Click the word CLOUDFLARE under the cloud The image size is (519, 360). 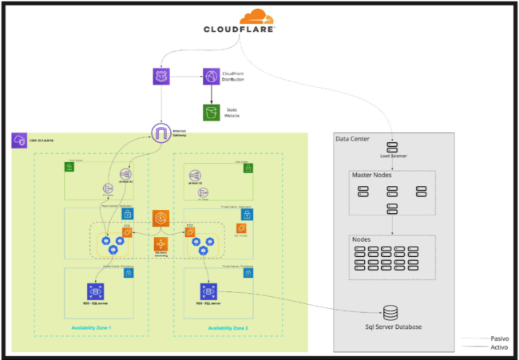(240, 30)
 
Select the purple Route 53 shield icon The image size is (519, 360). (161, 77)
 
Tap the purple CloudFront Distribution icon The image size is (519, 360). (211, 77)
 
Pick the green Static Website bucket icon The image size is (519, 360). (211, 113)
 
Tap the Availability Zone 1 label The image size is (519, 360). (91, 328)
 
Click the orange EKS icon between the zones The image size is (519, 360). (160, 218)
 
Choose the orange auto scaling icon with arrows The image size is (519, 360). (160, 243)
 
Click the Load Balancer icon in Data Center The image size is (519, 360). (393, 147)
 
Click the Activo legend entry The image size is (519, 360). (500, 347)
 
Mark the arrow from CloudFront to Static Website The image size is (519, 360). (211, 95)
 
